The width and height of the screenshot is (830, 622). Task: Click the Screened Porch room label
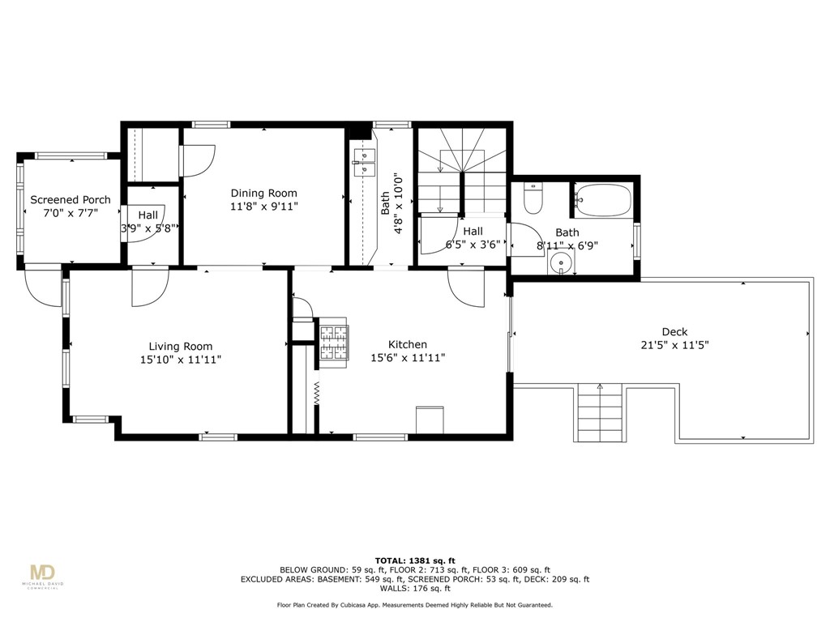coord(71,200)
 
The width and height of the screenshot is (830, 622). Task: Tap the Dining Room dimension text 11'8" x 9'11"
coord(264,207)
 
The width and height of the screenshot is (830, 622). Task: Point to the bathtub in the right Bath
coord(602,200)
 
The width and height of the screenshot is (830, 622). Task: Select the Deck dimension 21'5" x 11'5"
coord(674,344)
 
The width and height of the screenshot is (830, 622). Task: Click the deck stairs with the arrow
coord(600,413)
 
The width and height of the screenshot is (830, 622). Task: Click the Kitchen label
coord(408,345)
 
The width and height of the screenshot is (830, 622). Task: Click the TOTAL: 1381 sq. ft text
coord(415,560)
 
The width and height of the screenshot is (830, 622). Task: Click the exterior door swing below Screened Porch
coord(42,288)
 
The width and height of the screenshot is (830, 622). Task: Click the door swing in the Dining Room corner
coord(199,160)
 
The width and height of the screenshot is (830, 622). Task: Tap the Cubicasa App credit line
coord(415,605)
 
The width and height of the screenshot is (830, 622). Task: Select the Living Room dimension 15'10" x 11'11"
coord(180,359)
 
